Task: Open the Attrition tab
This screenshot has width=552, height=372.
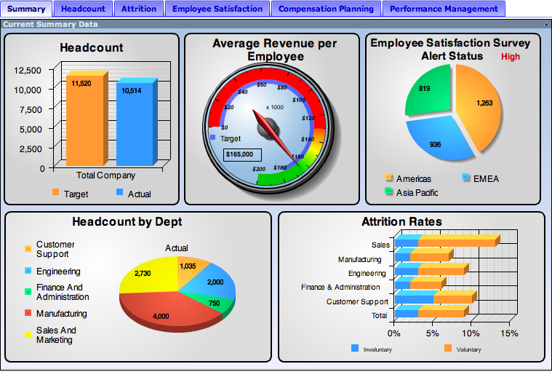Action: click(x=139, y=9)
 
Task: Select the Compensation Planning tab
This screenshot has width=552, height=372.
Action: click(x=326, y=9)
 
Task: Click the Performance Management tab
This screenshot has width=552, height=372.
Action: click(x=444, y=9)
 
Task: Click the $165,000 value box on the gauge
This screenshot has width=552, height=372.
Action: click(x=242, y=154)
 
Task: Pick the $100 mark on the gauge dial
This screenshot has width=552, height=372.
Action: click(x=298, y=100)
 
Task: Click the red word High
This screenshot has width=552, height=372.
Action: click(x=510, y=57)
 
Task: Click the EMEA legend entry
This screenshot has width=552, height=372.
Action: click(x=481, y=178)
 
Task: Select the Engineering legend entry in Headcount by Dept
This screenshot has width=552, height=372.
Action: click(x=52, y=272)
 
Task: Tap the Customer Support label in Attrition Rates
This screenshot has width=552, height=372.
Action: click(x=357, y=302)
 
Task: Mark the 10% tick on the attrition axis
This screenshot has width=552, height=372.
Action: click(x=471, y=333)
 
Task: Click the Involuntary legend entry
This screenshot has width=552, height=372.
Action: click(x=372, y=349)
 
